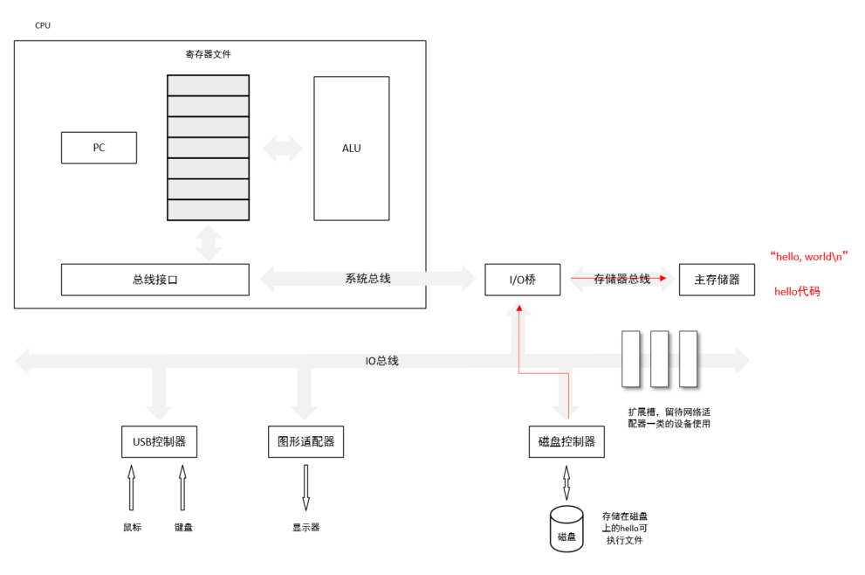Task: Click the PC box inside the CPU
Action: point(99,148)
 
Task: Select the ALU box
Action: point(351,148)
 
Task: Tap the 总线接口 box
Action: point(154,280)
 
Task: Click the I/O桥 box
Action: point(522,280)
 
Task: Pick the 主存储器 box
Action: point(717,280)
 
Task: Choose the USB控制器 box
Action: point(159,441)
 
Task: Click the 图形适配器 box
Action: point(305,441)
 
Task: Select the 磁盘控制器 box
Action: point(566,441)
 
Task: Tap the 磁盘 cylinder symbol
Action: point(566,528)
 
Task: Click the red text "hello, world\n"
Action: point(809,256)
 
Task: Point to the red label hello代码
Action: point(797,291)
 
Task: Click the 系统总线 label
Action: point(367,279)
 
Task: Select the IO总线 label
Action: point(381,360)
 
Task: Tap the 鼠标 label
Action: point(132,527)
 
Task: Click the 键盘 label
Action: point(182,527)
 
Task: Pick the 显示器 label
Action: point(305,527)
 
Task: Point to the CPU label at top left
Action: point(43,25)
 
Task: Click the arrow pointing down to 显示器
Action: point(305,488)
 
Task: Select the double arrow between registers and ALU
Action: point(282,148)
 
